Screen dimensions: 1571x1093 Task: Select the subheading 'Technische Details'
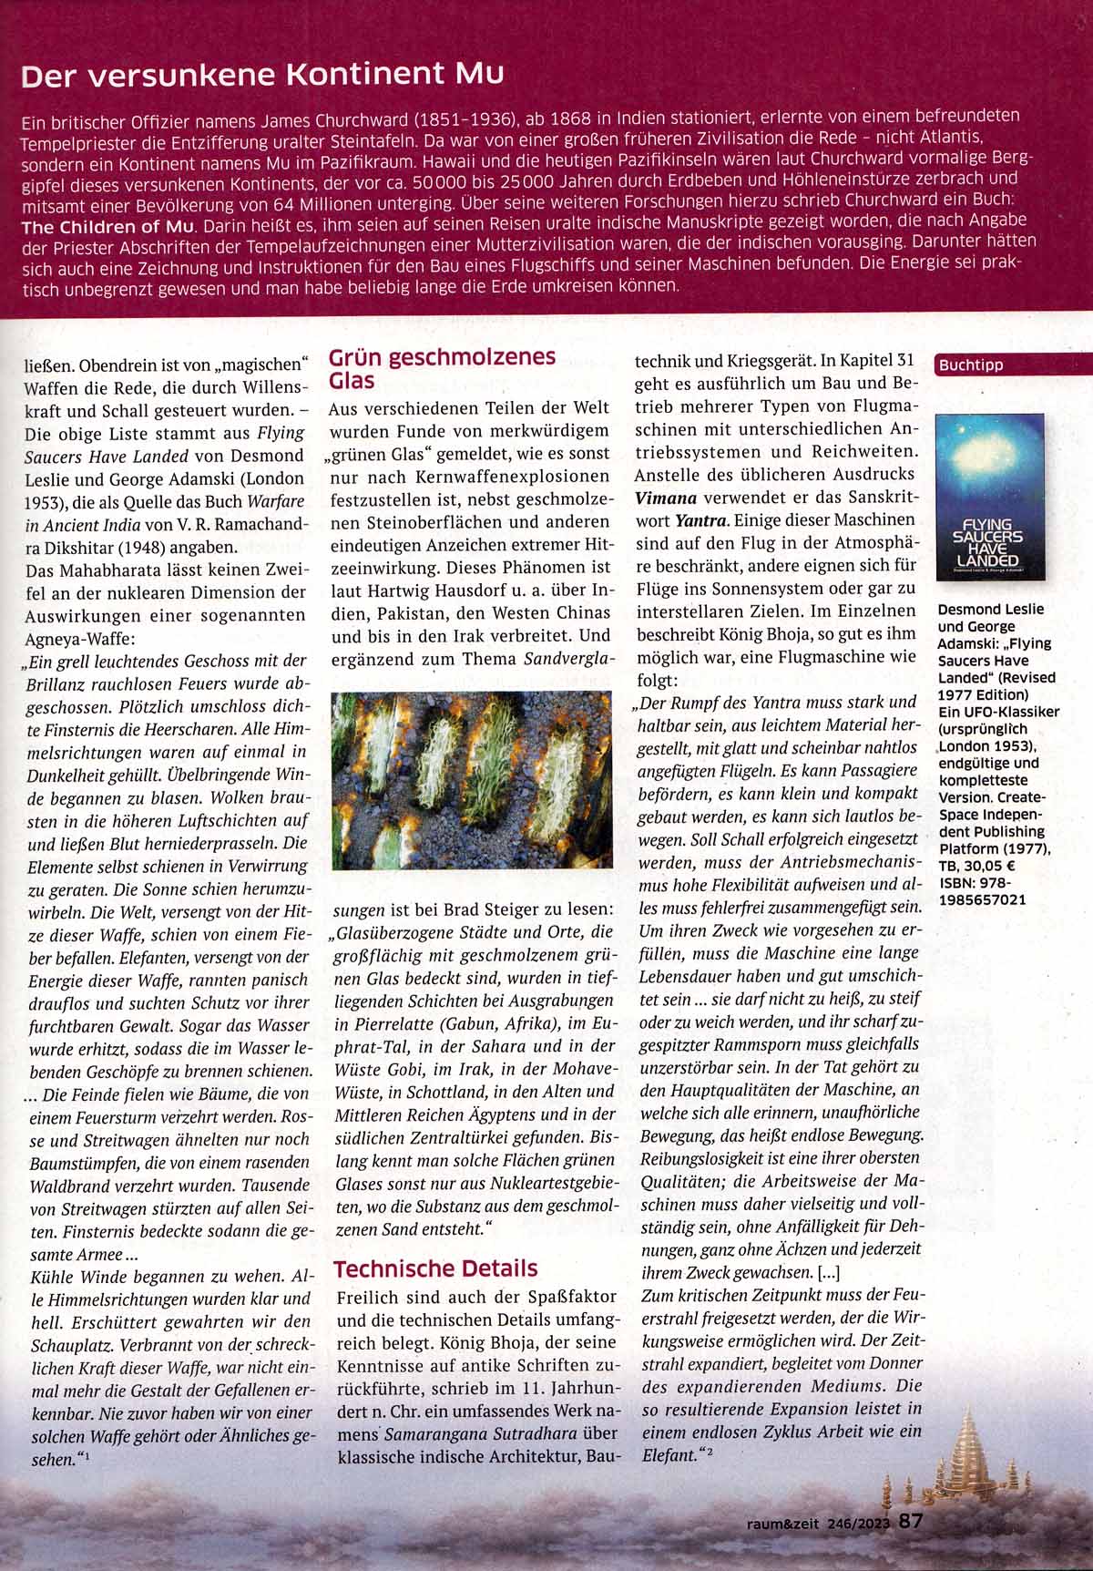[435, 1268]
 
